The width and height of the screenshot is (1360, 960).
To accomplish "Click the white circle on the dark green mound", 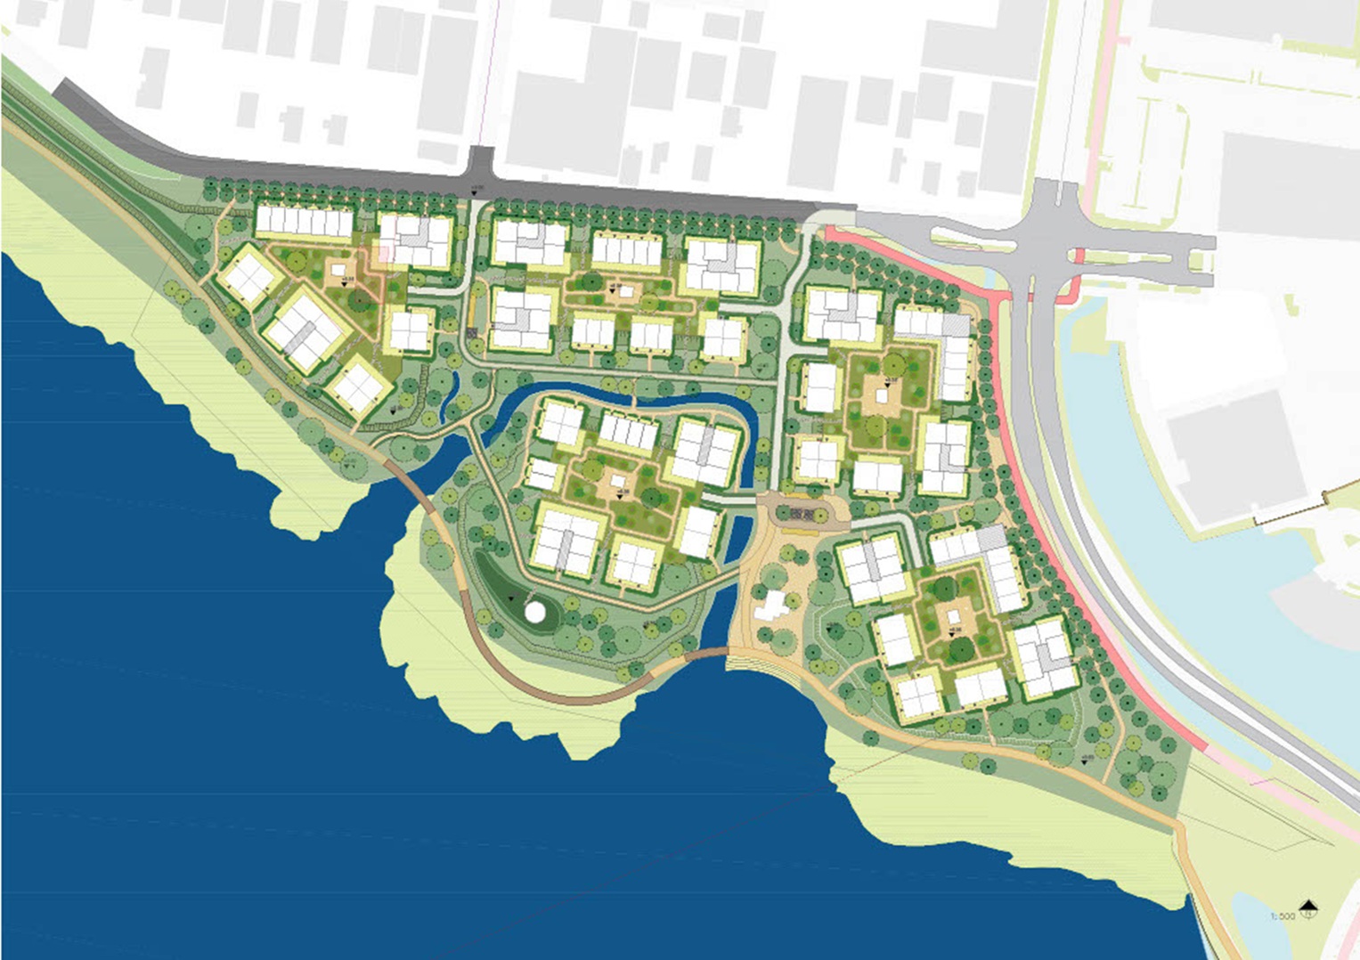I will coord(534,612).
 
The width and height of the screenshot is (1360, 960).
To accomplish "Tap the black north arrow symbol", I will coord(1307,908).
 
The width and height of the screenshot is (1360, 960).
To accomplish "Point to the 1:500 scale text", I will coord(1283,915).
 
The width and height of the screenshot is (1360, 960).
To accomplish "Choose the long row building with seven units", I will coord(305,222).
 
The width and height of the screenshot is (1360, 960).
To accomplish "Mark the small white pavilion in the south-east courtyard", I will coord(954,615).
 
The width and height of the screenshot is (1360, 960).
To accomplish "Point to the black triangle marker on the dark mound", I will coord(510,598).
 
